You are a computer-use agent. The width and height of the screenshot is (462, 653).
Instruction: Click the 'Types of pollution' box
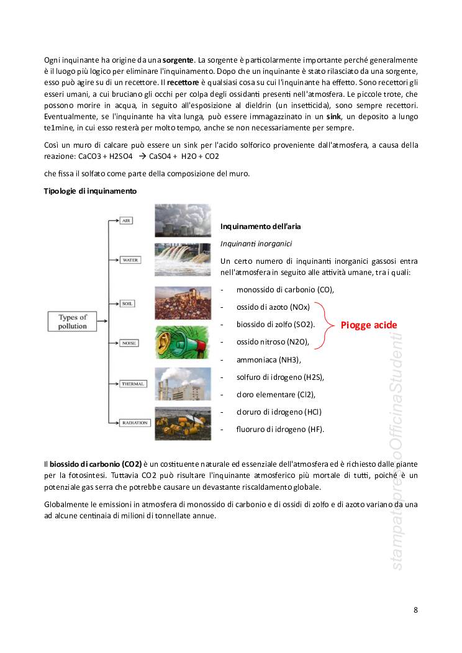click(73, 321)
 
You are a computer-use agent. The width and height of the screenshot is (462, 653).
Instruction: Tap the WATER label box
click(130, 260)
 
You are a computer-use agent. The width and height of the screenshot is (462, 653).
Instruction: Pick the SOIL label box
click(127, 304)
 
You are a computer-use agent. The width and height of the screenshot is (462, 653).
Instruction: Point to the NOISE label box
click(129, 343)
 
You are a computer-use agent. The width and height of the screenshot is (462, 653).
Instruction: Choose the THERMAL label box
click(132, 384)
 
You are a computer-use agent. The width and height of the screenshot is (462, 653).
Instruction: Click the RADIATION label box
click(135, 423)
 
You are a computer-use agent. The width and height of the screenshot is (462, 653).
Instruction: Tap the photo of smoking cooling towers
click(178, 220)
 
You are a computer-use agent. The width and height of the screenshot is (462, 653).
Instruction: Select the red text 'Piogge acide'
click(369, 325)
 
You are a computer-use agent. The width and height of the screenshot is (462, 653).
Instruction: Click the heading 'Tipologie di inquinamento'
click(90, 191)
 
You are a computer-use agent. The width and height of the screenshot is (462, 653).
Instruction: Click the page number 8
click(415, 610)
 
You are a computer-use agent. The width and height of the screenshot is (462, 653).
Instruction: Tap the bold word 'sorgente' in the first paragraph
click(178, 60)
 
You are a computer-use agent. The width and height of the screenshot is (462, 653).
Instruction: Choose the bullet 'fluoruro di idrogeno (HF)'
click(280, 429)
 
